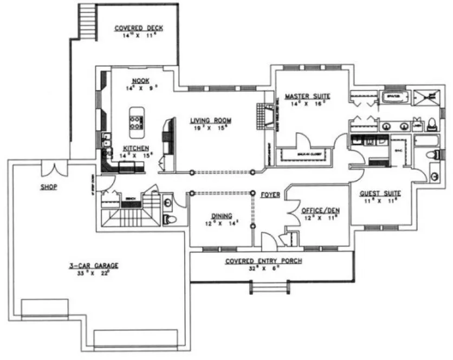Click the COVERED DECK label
coord(139,28)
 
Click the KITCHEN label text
coord(132,148)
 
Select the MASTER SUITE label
coord(307,97)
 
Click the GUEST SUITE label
coord(380,193)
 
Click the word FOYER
coord(270,194)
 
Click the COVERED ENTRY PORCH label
coord(263,261)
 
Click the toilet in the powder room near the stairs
coord(168,218)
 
